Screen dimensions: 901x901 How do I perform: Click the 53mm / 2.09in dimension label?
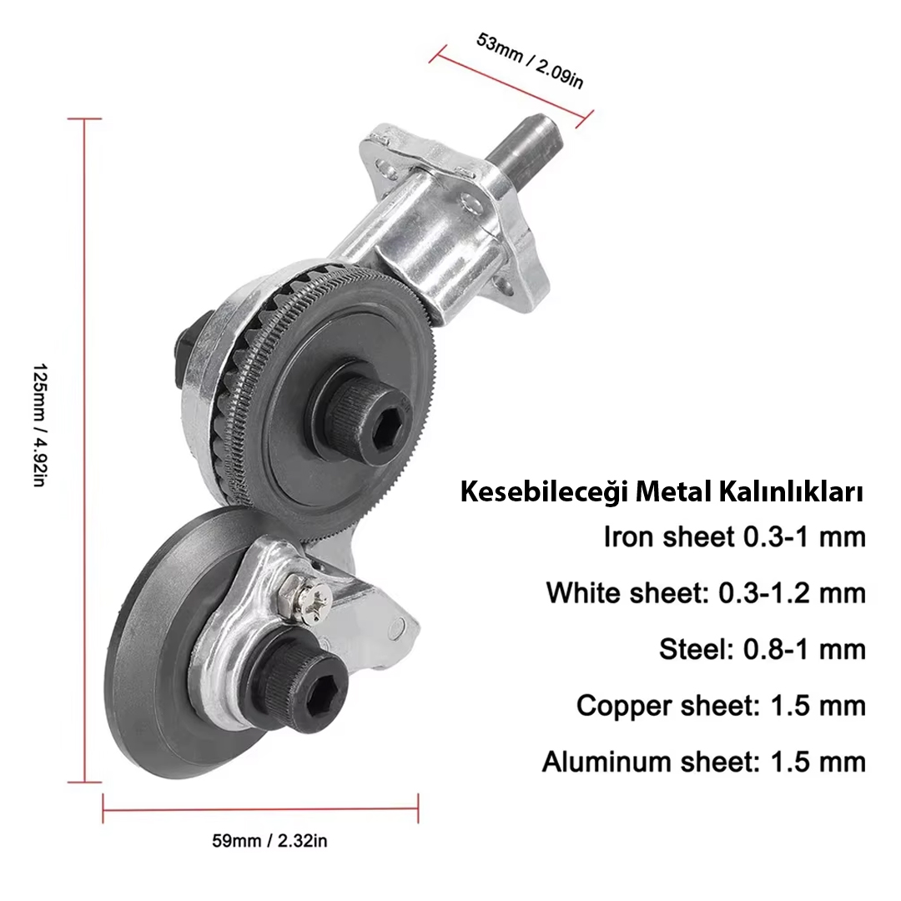click(530, 61)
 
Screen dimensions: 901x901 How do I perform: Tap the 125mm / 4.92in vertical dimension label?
click(39, 425)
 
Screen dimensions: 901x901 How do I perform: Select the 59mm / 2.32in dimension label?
click(269, 841)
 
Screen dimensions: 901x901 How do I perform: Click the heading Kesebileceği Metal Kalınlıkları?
click(662, 493)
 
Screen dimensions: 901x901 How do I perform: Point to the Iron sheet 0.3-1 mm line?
click(734, 537)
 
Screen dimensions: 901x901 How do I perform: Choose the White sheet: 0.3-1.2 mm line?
click(706, 592)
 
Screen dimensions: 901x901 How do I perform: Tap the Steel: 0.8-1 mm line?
click(762, 649)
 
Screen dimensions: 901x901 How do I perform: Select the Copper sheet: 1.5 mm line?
click(721, 706)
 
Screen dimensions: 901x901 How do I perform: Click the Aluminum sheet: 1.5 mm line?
click(704, 762)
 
